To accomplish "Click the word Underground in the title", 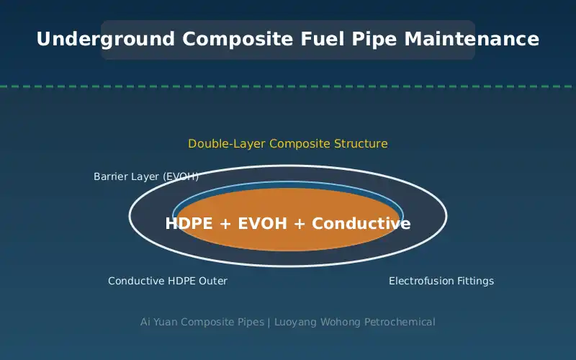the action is tap(105, 40).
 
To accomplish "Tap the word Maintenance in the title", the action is tap(472, 39).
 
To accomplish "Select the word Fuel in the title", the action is tap(323, 39).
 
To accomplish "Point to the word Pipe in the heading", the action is tap(374, 40).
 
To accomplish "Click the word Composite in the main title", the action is tap(238, 40).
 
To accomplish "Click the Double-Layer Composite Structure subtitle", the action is tap(288, 143).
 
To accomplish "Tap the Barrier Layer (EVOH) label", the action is tap(146, 176).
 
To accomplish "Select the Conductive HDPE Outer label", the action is tap(168, 281).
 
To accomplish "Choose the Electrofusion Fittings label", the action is tap(441, 281).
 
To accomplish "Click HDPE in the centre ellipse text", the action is tap(189, 223).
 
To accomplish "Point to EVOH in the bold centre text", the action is tap(263, 223).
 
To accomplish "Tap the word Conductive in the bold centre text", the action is tap(361, 223).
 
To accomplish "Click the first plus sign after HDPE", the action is tap(225, 224).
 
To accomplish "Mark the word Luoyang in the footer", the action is tap(296, 322).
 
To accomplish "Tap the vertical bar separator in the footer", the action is tap(269, 322).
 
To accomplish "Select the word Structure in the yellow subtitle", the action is tap(361, 143).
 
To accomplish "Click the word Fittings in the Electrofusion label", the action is tap(475, 282).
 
